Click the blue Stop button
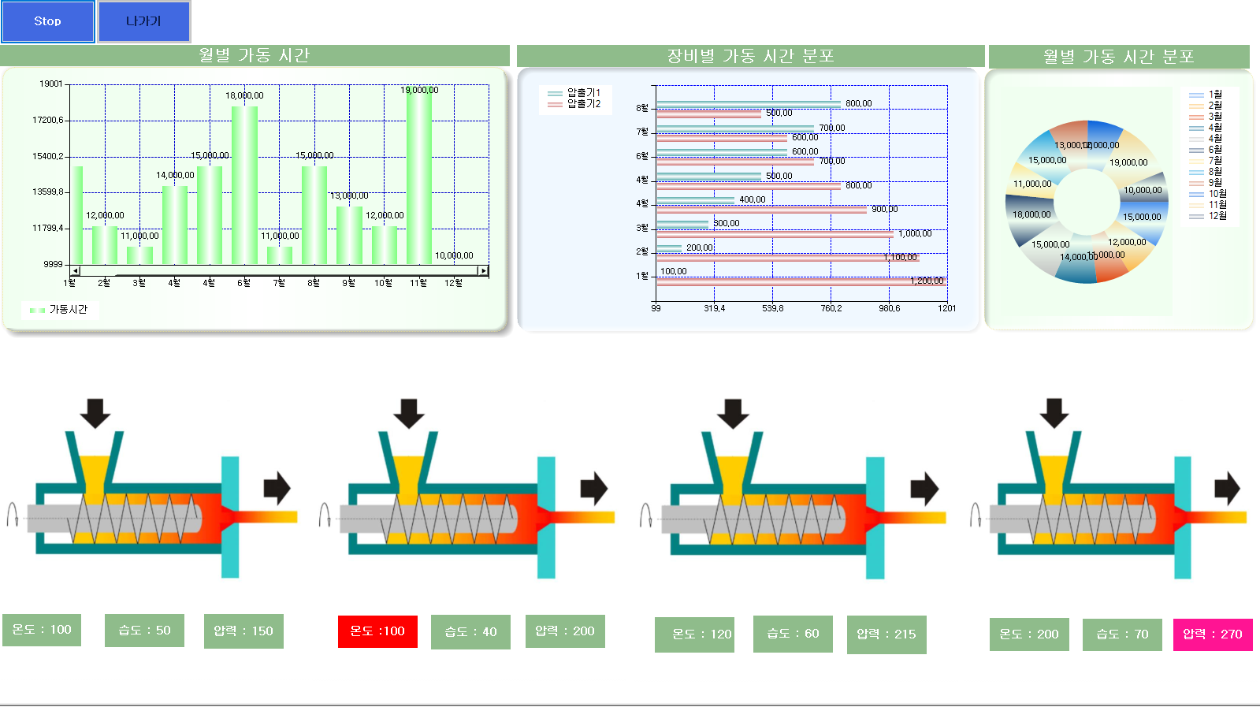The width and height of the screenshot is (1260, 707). (x=47, y=21)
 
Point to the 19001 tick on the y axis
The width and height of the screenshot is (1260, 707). (x=51, y=84)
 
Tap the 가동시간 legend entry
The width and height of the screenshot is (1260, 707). (x=59, y=310)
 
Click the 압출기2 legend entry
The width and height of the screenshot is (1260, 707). (x=575, y=104)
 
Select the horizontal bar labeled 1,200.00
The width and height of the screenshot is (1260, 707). (x=800, y=281)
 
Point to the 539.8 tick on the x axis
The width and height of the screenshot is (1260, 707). (x=772, y=308)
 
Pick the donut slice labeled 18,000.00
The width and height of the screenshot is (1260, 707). (x=1031, y=215)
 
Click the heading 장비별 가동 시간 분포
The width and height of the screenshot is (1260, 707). (x=750, y=56)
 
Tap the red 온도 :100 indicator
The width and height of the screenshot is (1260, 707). (x=377, y=631)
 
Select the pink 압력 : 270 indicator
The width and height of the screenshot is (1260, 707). (x=1212, y=634)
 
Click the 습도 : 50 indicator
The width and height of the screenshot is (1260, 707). (x=144, y=631)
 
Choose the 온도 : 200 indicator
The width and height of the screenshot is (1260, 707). (x=1028, y=634)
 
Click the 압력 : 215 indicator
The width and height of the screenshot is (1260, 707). (x=886, y=634)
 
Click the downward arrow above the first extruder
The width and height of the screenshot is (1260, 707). (x=95, y=412)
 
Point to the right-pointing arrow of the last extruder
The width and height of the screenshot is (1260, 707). (x=1227, y=488)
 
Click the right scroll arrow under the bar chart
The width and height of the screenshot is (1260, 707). (x=484, y=271)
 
